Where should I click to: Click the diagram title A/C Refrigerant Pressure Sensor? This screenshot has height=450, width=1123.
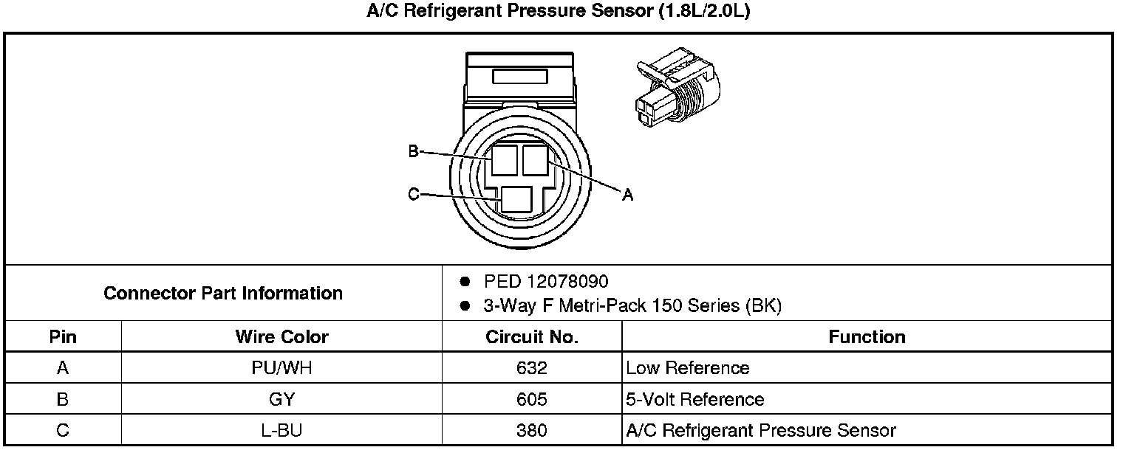tap(559, 13)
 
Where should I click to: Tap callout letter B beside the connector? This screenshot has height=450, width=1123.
tap(414, 152)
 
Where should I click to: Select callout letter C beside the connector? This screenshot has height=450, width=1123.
tap(414, 195)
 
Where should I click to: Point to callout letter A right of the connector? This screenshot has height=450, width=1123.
tap(627, 195)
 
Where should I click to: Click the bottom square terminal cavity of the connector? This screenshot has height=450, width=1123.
tap(516, 200)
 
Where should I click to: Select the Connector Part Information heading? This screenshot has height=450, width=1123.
tap(223, 293)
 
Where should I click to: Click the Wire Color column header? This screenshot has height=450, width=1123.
tap(281, 337)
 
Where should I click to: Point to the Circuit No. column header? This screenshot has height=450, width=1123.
tap(531, 337)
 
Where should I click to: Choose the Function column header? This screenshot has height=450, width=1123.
tap(867, 337)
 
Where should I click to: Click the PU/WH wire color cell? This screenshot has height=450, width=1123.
tap(281, 367)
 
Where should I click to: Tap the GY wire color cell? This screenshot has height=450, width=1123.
tap(281, 399)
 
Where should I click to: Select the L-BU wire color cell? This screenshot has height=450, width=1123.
tap(281, 431)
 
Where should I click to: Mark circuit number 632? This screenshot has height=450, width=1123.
tap(532, 367)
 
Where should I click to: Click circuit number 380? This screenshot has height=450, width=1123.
tap(532, 431)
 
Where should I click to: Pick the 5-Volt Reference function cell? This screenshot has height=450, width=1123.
tap(694, 399)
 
